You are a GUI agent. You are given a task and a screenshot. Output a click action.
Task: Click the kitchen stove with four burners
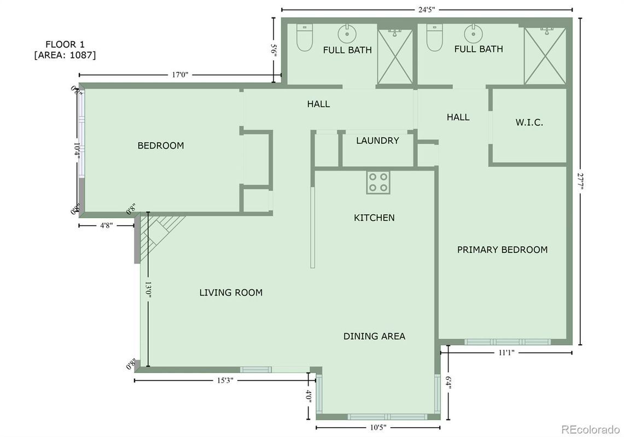(378, 182)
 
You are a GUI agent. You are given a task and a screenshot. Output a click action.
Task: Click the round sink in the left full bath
(347, 34)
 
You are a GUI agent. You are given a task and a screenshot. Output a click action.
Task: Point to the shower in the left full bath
(395, 57)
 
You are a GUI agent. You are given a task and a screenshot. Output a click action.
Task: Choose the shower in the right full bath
(545, 56)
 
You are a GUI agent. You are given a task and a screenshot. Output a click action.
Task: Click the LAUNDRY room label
(377, 140)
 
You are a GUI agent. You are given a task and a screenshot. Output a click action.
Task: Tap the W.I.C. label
(529, 122)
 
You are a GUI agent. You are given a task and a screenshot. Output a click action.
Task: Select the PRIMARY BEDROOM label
(502, 250)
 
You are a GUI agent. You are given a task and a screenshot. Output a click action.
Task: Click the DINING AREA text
(374, 336)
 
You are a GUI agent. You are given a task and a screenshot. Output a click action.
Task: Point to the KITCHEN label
(374, 217)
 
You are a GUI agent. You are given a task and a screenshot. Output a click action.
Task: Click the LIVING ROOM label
(231, 292)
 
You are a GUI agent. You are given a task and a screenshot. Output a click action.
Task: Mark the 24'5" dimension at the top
(427, 9)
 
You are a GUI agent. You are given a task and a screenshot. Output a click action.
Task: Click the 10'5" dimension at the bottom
(378, 427)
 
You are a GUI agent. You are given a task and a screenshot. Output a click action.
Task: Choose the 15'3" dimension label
(222, 380)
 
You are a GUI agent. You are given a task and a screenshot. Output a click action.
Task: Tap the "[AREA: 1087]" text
(65, 55)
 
